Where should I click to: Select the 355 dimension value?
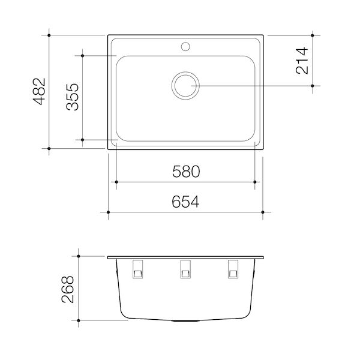point(73,96)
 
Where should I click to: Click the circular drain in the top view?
point(185,86)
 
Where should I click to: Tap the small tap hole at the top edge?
point(185,45)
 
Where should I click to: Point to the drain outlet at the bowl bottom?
point(185,322)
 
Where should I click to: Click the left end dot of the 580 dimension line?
point(115,182)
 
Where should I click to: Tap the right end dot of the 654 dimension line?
point(263,212)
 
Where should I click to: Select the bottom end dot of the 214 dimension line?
point(314,86)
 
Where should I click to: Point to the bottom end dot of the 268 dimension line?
point(81,323)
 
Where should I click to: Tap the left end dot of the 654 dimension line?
point(108,212)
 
